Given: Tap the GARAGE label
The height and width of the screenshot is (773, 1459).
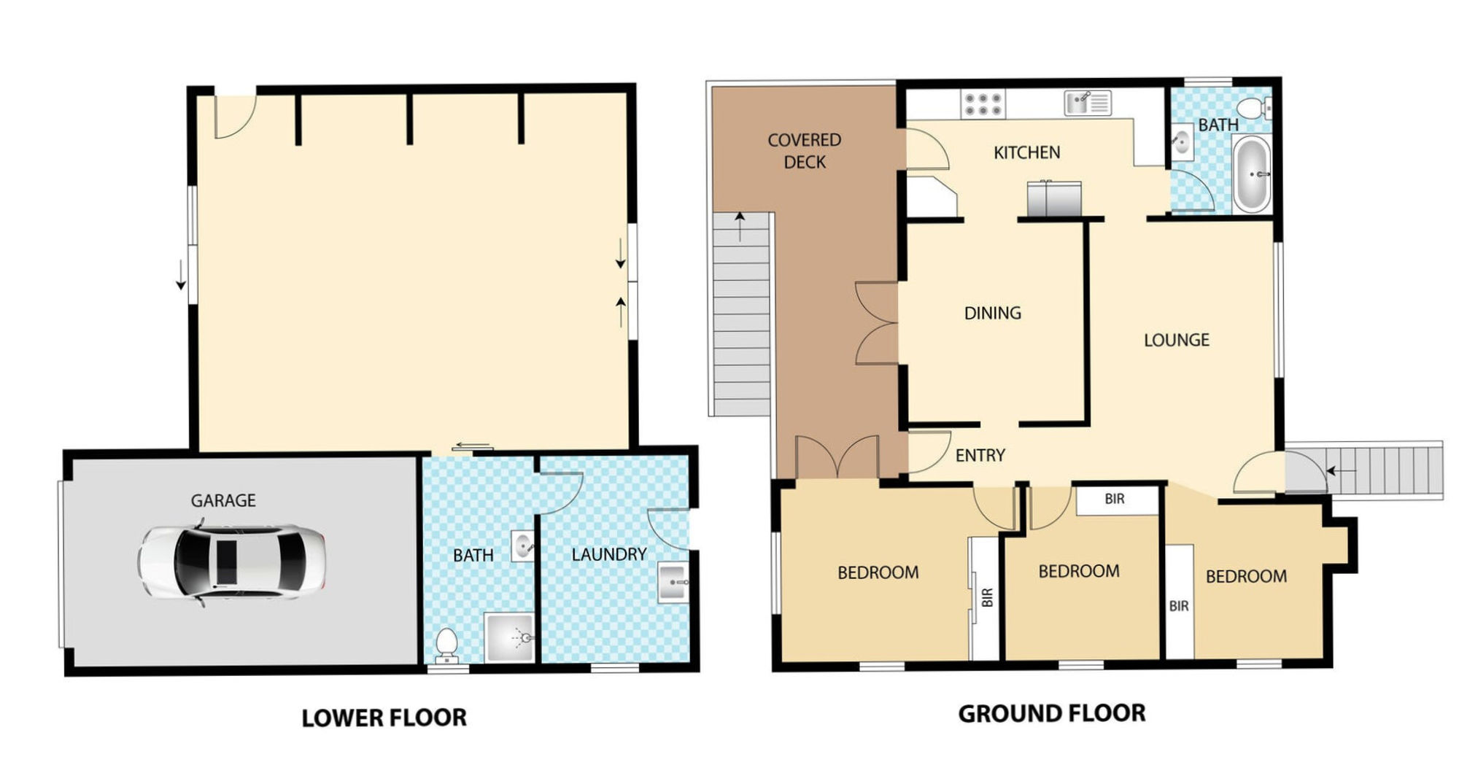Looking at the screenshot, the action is coord(223,501).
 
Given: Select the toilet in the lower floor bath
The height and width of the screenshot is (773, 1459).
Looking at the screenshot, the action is coord(446,645).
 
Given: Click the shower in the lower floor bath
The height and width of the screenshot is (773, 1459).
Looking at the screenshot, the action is coord(509,637).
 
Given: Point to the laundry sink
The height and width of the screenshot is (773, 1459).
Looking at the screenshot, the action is coord(673,583).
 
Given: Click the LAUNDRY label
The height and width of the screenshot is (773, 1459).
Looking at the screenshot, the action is coord(609,555).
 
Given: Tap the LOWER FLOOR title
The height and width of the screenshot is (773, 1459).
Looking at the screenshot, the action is coord(384,718).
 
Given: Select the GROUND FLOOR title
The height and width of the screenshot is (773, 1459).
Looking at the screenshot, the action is coord(1052,713).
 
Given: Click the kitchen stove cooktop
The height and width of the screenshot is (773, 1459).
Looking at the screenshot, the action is coord(983,104).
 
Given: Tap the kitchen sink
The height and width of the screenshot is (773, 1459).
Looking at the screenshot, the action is coord(1087,103).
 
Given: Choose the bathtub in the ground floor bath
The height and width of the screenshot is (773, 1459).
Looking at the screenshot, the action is coord(1253,174).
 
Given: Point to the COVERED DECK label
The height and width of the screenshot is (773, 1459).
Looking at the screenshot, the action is coord(805,151).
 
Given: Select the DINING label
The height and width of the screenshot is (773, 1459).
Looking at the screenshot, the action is coord(992,314).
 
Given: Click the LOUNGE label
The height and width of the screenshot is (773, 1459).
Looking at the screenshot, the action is coord(1176,340).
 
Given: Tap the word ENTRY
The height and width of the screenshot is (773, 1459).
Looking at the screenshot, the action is coord(980,456).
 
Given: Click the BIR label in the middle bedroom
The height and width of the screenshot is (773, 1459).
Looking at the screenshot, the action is coord(1115,499).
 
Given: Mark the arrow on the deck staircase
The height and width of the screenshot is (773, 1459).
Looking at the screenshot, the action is coord(740,226).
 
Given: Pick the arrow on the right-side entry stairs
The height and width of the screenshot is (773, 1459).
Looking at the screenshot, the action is coord(1341,471).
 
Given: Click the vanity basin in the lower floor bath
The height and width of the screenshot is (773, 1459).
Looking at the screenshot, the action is coord(522,545).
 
